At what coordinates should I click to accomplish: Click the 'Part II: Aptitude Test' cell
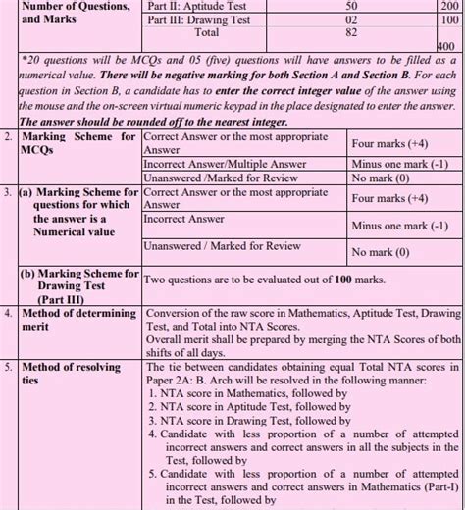[x=197, y=6]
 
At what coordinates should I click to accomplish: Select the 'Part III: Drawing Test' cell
[x=197, y=19]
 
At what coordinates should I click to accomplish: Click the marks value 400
[x=444, y=45]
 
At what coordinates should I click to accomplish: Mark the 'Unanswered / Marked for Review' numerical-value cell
[x=222, y=245]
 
